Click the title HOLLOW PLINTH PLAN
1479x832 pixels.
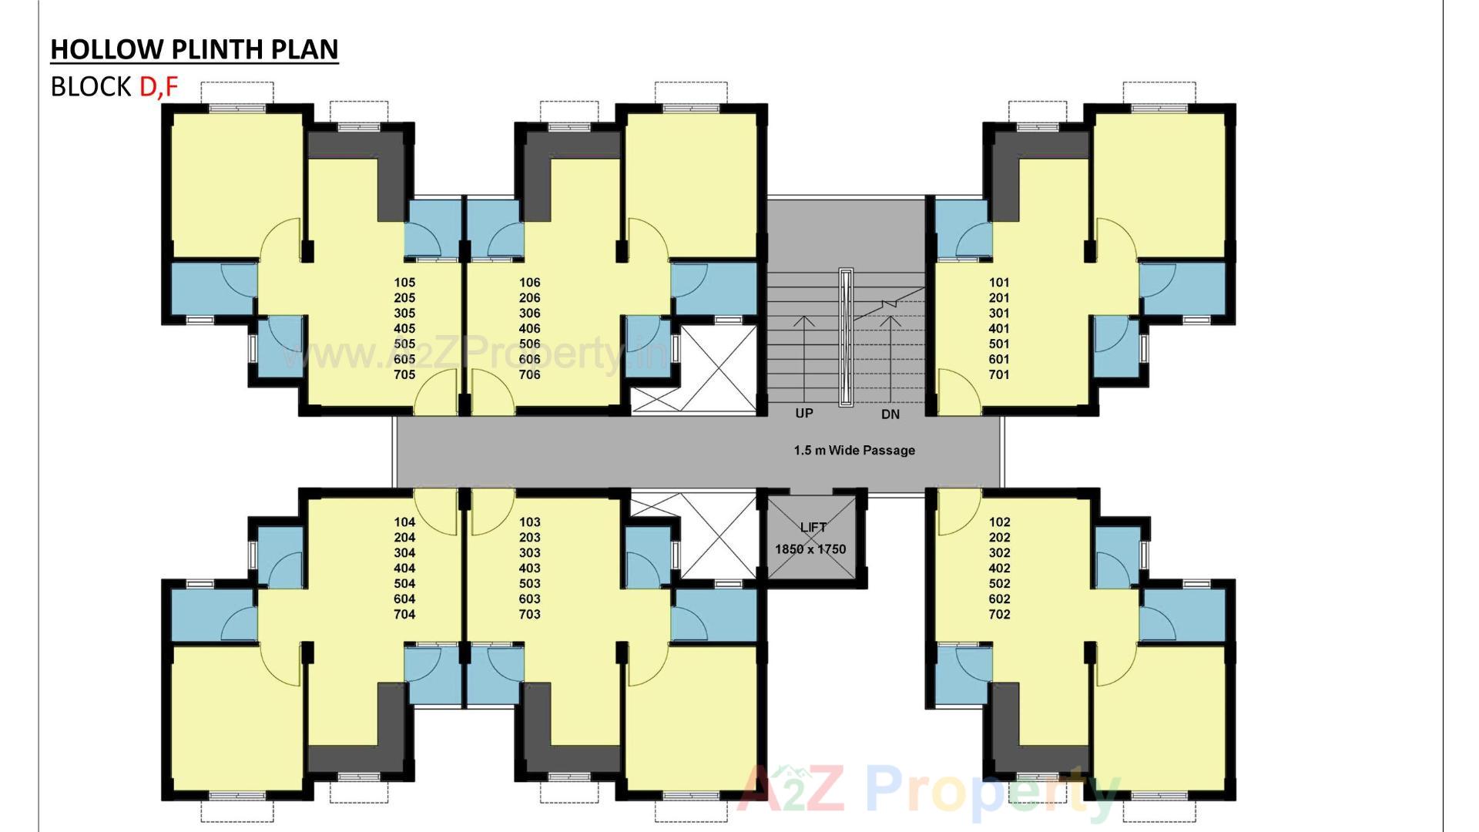point(194,49)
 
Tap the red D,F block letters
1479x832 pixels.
point(159,87)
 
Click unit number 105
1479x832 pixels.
point(404,283)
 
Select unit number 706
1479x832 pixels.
point(530,375)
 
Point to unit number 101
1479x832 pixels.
point(999,283)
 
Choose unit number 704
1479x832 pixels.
point(404,615)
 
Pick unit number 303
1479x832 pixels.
point(530,553)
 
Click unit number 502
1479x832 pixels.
point(999,584)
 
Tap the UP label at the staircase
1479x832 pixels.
point(804,414)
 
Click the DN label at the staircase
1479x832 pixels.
point(890,414)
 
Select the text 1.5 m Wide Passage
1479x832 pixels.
point(854,451)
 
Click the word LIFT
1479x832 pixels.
point(813,528)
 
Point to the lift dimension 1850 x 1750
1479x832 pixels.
point(810,549)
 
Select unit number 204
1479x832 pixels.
point(404,538)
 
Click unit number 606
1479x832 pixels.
point(530,360)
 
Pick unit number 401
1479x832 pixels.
point(999,329)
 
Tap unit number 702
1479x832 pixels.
point(999,615)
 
